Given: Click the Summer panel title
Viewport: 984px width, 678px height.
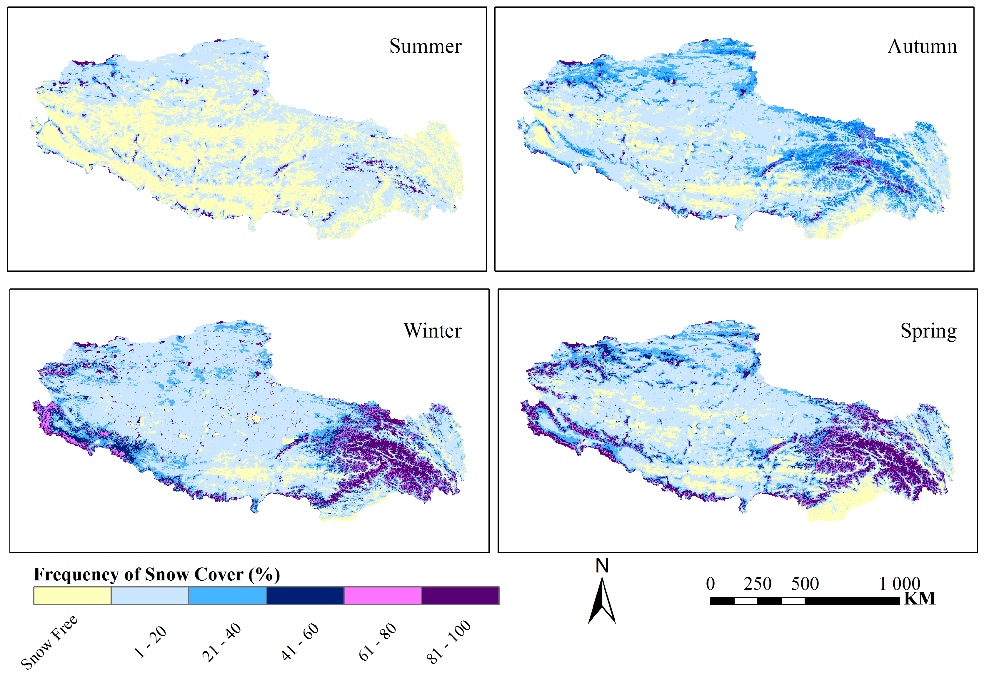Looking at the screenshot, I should pyautogui.click(x=425, y=46).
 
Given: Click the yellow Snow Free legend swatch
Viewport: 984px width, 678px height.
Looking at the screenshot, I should pyautogui.click(x=72, y=596).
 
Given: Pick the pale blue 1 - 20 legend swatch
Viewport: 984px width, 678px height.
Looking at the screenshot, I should pyautogui.click(x=150, y=596).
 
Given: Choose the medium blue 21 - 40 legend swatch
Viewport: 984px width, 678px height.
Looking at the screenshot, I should pyautogui.click(x=227, y=596).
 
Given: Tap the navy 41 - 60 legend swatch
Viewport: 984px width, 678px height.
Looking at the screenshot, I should pyautogui.click(x=305, y=596).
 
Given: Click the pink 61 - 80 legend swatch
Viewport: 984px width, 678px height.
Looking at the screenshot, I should pyautogui.click(x=382, y=596).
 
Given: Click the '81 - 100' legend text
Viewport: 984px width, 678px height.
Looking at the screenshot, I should pyautogui.click(x=448, y=642).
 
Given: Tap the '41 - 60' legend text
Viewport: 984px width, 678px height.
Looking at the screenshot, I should pyautogui.click(x=300, y=642).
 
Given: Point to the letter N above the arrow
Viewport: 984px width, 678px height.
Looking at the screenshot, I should pyautogui.click(x=602, y=566).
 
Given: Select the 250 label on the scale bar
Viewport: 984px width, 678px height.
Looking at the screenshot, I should pyautogui.click(x=757, y=584).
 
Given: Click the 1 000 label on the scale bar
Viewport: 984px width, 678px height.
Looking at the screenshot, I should pyautogui.click(x=899, y=584).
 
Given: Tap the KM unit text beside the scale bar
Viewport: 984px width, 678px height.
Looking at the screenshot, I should pyautogui.click(x=919, y=599).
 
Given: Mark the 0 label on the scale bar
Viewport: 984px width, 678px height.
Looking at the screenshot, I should pyautogui.click(x=711, y=584).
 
